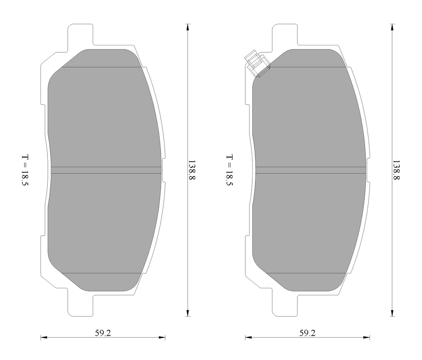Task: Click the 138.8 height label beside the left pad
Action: [x=192, y=171]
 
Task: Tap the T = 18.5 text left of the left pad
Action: [x=25, y=171]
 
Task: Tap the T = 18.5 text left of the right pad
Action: [x=229, y=171]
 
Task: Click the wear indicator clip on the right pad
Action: [x=258, y=64]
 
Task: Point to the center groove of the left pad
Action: [x=105, y=170]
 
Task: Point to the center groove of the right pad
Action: [x=311, y=170]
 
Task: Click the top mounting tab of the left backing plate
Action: [x=80, y=35]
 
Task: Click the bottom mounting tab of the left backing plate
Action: [x=80, y=304]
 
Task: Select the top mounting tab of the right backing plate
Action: [x=285, y=35]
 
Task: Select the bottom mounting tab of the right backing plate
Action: [x=285, y=304]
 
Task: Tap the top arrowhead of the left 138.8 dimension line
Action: [x=188, y=27]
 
